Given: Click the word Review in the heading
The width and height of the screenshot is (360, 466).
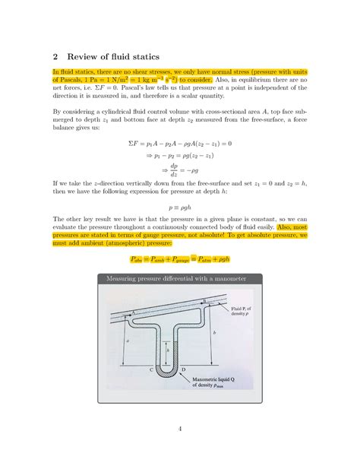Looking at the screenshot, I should pyautogui.click(x=88, y=55).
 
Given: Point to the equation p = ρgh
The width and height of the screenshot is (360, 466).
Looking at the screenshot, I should pyautogui.click(x=178, y=206).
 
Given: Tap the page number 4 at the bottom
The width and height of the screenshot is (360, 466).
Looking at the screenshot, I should pyautogui.click(x=179, y=430).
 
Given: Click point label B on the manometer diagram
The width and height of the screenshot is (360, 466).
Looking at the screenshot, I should pyautogui.click(x=204, y=302).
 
